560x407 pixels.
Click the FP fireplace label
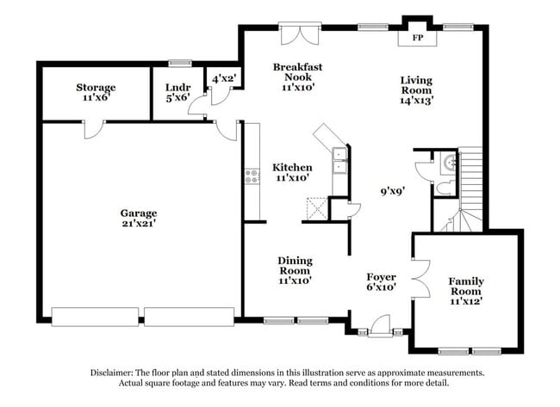click(x=418, y=39)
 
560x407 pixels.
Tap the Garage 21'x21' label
click(x=138, y=218)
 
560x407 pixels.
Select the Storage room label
click(x=95, y=92)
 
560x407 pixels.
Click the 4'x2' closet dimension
click(x=224, y=79)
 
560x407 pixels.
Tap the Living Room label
click(x=415, y=89)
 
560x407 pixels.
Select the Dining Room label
click(x=294, y=269)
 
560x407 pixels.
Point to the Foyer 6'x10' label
click(x=380, y=282)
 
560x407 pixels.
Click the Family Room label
click(x=466, y=291)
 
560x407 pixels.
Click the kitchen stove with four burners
click(x=252, y=176)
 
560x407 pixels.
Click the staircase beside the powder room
click(x=470, y=194)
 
